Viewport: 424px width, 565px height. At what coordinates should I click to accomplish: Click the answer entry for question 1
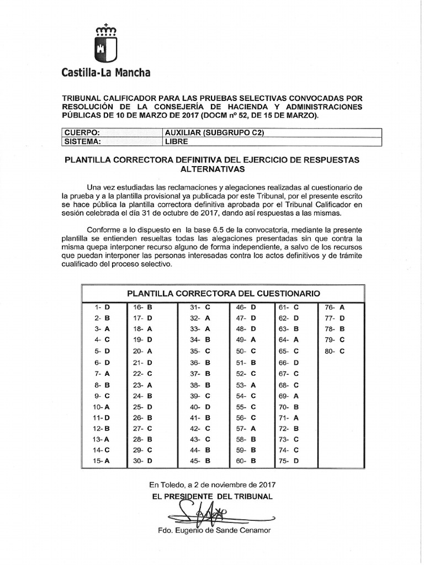pos(103,307)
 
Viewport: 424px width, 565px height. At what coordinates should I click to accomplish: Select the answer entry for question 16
pos(142,307)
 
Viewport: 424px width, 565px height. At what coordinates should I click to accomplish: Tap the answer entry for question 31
pos(200,307)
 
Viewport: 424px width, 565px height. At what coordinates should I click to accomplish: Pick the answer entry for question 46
pos(246,307)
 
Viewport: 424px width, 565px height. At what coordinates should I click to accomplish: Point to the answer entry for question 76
pos(335,307)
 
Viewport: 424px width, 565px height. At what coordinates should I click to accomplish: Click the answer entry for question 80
pos(335,351)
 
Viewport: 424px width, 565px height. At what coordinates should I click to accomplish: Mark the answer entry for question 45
pos(200,461)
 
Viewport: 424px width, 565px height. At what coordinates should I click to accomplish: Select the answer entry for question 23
pos(142,385)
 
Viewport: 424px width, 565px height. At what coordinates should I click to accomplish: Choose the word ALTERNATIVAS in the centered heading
pos(213,169)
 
